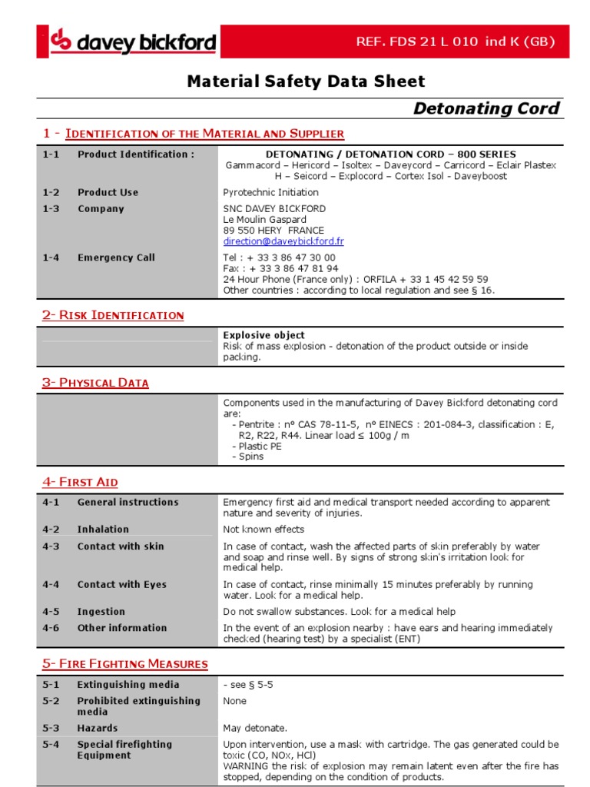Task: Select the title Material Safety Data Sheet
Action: pos(306,81)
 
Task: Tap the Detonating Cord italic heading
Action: pos(486,108)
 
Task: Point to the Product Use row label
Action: pos(101,193)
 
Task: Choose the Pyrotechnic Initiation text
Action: pos(270,193)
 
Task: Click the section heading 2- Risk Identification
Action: pos(113,315)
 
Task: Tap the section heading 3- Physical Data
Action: pos(95,383)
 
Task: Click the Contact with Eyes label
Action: pos(122,585)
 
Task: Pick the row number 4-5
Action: pos(51,612)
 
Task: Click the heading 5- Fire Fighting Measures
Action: pos(125,663)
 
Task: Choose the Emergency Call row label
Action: pos(116,258)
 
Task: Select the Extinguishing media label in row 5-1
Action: pos(128,685)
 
